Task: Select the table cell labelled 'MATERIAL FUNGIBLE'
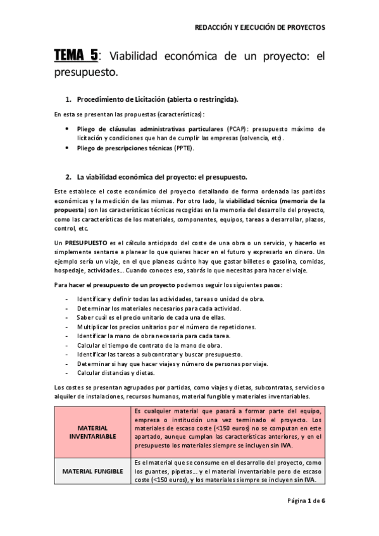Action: pos(92,472)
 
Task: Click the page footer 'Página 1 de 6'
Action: pos(306,499)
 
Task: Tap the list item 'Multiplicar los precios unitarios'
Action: pos(166,327)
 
